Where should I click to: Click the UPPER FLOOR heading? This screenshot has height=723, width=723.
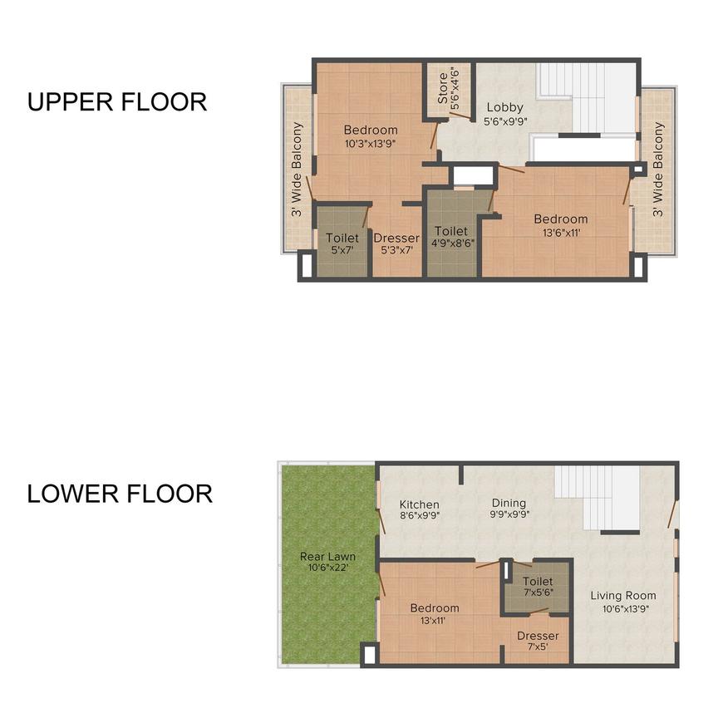click(x=116, y=102)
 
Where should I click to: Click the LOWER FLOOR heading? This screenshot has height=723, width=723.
click(x=120, y=494)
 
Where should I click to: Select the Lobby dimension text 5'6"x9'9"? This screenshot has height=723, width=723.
click(x=504, y=120)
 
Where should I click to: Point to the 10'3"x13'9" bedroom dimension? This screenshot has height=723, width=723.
click(x=370, y=143)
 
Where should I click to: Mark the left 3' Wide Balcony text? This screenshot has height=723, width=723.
click(x=297, y=170)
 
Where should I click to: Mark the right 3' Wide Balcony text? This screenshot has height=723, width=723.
click(x=658, y=170)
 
